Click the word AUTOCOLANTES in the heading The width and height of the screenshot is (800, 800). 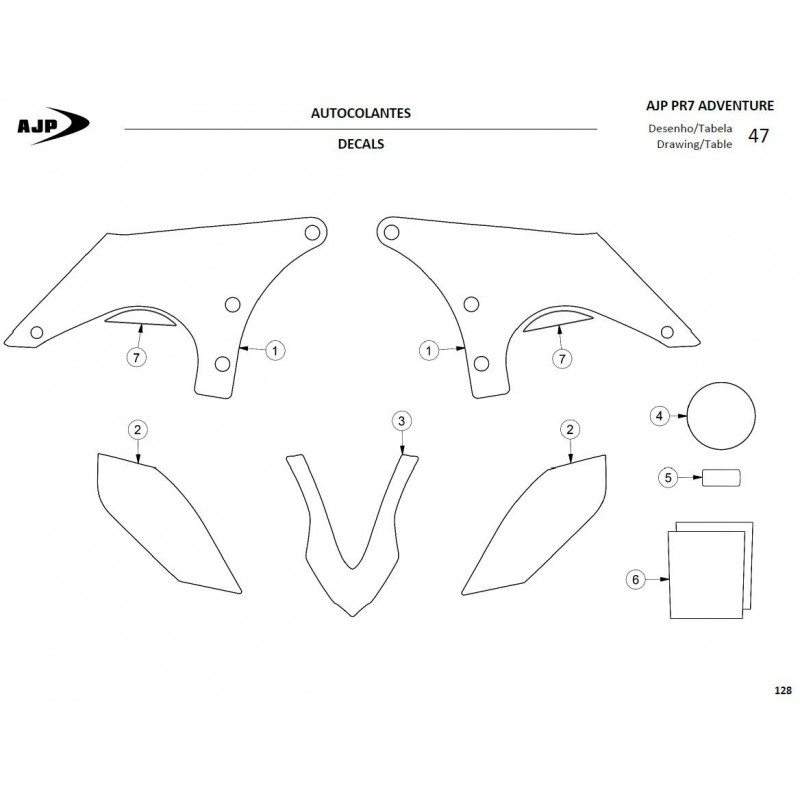[x=361, y=113]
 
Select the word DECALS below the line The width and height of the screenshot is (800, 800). [x=361, y=144]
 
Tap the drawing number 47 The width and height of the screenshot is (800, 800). [x=758, y=136]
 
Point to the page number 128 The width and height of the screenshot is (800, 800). [x=783, y=690]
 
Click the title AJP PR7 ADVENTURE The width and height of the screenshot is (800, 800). [x=710, y=106]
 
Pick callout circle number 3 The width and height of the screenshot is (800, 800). [x=402, y=421]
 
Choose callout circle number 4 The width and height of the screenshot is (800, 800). [x=659, y=416]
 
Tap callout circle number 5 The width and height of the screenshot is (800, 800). [x=668, y=478]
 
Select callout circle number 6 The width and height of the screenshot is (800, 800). [x=635, y=580]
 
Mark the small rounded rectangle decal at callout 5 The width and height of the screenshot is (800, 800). [x=721, y=478]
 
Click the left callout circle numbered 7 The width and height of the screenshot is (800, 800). [x=136, y=358]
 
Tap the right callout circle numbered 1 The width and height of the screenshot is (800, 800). [x=429, y=351]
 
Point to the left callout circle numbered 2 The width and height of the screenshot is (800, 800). [x=137, y=430]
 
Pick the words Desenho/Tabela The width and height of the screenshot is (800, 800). [x=690, y=129]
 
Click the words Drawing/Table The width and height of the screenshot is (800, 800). [x=694, y=144]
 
